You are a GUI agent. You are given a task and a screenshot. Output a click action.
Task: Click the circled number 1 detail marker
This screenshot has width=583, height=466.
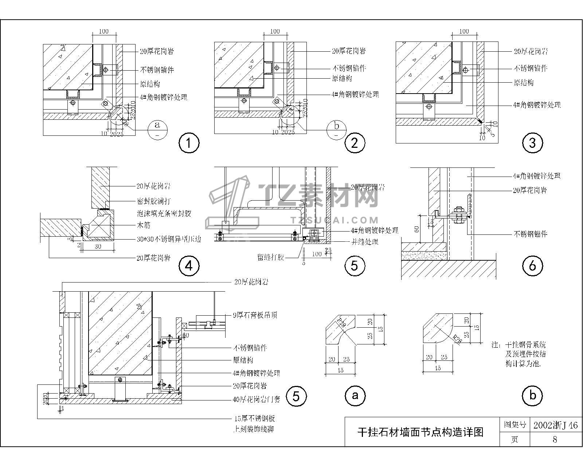point(189,143)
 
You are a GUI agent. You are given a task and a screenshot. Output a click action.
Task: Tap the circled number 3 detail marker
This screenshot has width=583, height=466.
point(532,143)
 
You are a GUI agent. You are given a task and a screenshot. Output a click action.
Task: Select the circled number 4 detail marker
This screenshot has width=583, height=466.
point(189,266)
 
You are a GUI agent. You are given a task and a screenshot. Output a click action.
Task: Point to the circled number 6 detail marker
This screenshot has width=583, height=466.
point(532,266)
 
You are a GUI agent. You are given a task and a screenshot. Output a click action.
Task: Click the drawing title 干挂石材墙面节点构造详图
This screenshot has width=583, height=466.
point(420,432)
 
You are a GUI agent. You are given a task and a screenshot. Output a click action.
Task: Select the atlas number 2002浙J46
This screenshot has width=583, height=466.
point(555,425)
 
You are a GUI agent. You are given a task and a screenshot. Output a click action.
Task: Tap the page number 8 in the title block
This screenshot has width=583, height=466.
point(555,439)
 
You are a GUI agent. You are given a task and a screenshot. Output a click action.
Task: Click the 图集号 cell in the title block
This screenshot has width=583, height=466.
point(514,425)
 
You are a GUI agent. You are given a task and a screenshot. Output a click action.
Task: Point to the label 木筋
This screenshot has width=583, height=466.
point(143,226)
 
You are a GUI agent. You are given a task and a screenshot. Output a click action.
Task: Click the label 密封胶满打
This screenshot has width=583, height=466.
point(153,201)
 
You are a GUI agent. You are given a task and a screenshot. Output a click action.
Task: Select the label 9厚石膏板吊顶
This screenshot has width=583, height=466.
point(255,315)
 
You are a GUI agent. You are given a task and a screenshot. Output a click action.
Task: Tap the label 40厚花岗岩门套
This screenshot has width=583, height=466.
point(257,399)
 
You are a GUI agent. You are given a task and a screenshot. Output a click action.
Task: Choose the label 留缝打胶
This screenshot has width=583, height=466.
point(270,257)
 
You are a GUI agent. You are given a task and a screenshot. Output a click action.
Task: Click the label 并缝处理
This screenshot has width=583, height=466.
point(364,242)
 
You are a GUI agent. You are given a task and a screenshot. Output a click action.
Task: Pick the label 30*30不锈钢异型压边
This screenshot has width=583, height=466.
point(169,239)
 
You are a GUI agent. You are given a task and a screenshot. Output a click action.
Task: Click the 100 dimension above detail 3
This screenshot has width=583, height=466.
point(464,31)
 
